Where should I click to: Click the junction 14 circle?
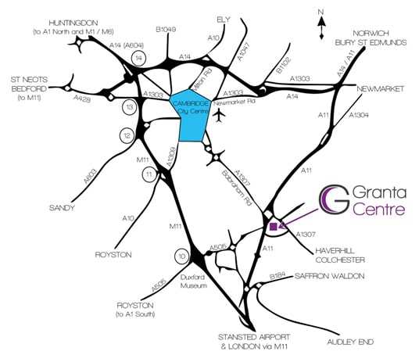point(138,58)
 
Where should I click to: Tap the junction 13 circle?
point(130,107)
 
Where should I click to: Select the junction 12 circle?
point(127,136)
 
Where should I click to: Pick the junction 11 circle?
point(149,174)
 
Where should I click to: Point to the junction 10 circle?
point(182,256)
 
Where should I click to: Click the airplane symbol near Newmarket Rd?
point(220,116)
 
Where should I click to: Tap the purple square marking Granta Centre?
point(274,227)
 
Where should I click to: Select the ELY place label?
point(224,20)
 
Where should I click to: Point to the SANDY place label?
point(62,208)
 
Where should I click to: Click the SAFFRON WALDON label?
point(329,276)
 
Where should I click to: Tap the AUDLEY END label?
point(350,342)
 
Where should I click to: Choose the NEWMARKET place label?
point(380,89)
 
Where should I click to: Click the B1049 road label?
point(166,30)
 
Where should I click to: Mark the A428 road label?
point(82,99)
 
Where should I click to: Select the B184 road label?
point(278,276)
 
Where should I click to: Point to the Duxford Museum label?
point(193,281)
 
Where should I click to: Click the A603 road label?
point(90,176)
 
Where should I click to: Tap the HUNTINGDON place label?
point(73,23)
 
